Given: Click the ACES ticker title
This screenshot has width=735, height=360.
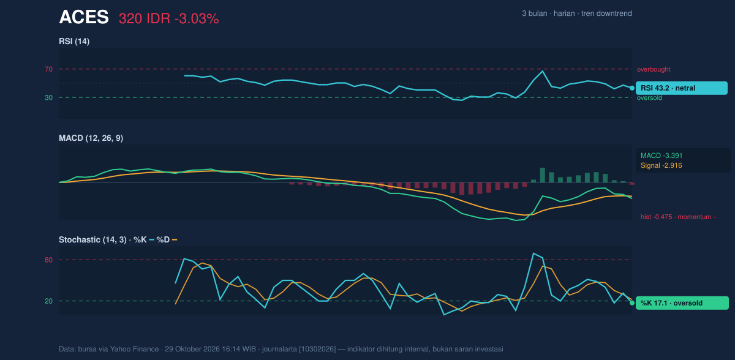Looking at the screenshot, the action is (x=84, y=17).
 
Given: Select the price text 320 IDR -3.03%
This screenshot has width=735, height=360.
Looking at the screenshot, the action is (x=168, y=19).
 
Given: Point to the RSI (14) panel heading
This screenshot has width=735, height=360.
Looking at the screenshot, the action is (x=74, y=41).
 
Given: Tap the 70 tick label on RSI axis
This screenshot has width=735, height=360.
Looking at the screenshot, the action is (x=48, y=69).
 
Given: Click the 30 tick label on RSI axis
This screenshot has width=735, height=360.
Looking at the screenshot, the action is (x=48, y=98).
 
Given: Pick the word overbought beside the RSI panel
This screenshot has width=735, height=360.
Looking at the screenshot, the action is (x=654, y=70).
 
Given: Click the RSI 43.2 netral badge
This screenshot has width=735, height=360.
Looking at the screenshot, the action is (x=682, y=88).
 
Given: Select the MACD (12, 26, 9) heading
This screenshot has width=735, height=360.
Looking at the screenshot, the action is (x=91, y=138).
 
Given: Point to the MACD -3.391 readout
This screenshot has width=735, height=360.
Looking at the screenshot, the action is (x=661, y=156).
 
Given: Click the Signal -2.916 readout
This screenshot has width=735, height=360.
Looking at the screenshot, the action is (x=661, y=165).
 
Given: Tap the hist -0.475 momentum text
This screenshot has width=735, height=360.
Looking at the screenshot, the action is (x=678, y=217).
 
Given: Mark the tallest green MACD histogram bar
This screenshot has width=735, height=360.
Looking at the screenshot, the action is (x=543, y=175).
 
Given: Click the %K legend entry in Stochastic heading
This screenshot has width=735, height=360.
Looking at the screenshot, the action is (x=144, y=240).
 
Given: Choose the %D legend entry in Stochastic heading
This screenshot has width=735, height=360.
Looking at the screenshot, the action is (x=167, y=240).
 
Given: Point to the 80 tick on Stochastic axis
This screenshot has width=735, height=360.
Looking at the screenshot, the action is (x=48, y=260).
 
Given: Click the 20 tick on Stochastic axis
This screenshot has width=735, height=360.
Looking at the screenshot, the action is (x=48, y=301).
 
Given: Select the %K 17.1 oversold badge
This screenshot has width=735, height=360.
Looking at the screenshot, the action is (x=682, y=303).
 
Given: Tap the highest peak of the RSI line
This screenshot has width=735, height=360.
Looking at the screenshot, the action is (x=543, y=71).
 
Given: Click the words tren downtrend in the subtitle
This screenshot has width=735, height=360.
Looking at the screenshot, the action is (x=606, y=13).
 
